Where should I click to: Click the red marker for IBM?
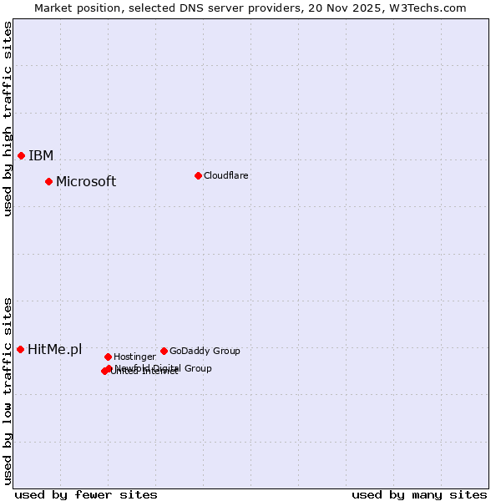click(x=21, y=155)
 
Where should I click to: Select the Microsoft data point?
click(x=48, y=181)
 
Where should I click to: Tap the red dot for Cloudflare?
click(x=198, y=175)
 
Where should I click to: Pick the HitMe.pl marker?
click(x=20, y=349)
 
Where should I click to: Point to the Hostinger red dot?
click(x=108, y=357)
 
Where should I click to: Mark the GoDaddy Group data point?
click(x=164, y=351)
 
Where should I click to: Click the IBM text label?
click(x=41, y=155)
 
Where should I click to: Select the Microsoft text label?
click(x=86, y=182)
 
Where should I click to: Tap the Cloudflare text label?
click(x=226, y=175)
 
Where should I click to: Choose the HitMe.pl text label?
click(x=55, y=349)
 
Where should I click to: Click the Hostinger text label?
click(x=134, y=357)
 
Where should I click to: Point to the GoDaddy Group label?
click(x=205, y=351)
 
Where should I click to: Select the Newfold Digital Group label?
click(x=163, y=368)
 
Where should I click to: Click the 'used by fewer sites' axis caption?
click(x=86, y=494)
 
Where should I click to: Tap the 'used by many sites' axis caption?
click(x=419, y=494)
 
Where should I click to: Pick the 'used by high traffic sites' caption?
click(x=8, y=119)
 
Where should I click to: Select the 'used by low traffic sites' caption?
click(x=8, y=390)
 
